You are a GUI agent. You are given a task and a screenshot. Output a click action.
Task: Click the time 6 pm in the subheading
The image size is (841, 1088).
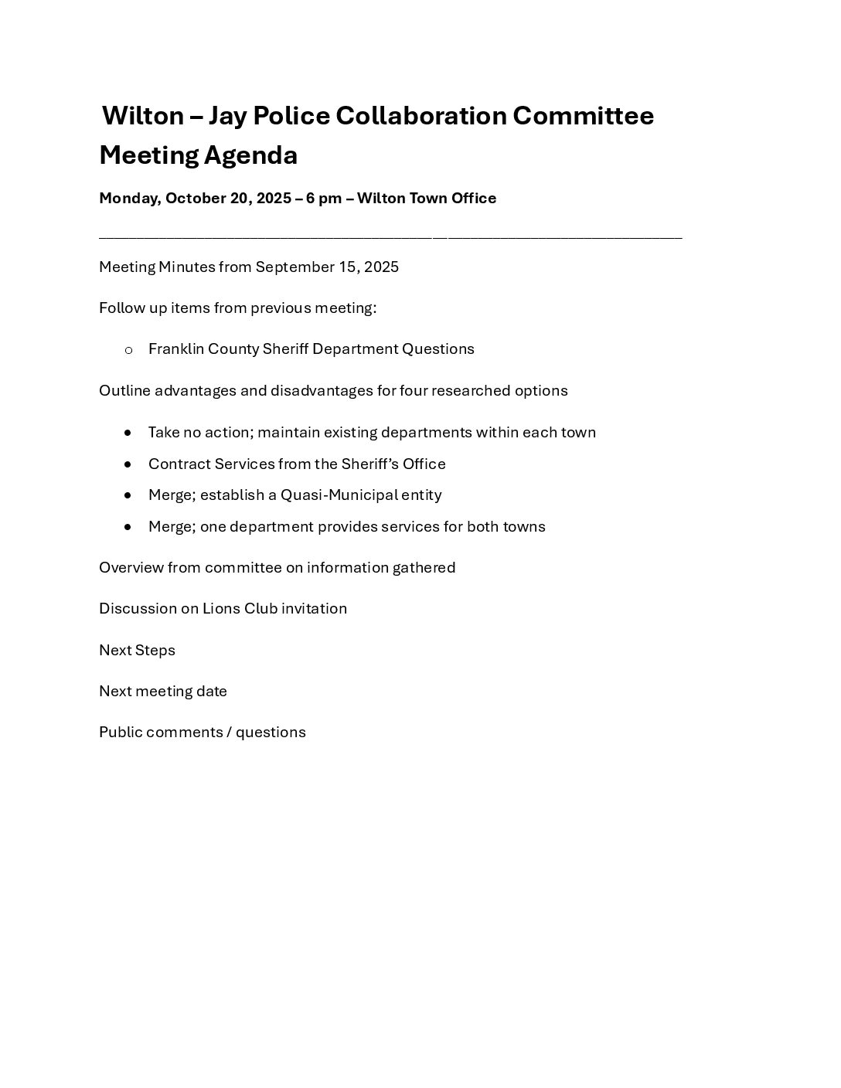[324, 199]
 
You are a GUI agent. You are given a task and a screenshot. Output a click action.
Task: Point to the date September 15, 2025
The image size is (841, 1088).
[327, 267]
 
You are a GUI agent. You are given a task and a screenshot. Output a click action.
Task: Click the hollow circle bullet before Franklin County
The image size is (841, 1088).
[128, 350]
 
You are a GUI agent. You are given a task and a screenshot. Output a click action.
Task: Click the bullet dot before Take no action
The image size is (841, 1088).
[128, 433]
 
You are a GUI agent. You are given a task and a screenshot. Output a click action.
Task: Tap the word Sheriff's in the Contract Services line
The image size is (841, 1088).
[369, 464]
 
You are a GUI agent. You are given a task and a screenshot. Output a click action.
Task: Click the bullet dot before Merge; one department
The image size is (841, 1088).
[128, 527]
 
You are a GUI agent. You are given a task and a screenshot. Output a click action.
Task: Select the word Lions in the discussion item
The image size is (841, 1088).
[221, 609]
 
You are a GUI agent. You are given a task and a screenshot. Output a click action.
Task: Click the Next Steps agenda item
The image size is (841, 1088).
[137, 651]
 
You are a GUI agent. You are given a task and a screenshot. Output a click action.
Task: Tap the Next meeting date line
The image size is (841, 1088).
[163, 692]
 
